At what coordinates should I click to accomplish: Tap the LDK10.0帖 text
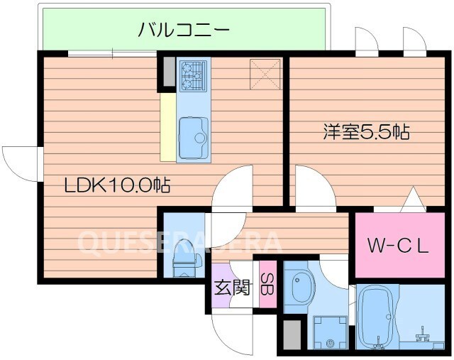tap(117, 187)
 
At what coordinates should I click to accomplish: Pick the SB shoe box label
tap(268, 282)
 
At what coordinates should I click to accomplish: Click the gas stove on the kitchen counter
tap(194, 73)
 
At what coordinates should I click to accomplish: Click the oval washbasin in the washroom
tap(299, 285)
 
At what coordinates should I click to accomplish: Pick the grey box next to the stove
tap(167, 72)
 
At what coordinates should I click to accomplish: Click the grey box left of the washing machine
tap(292, 334)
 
